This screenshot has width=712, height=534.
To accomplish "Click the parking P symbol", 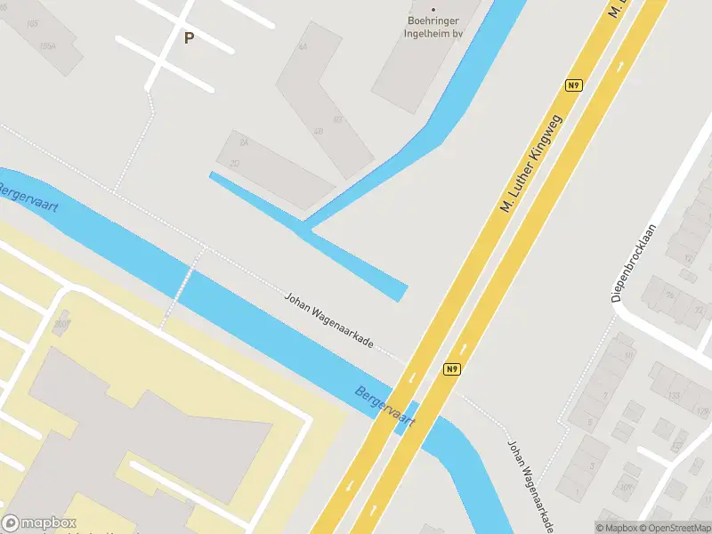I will click(188, 37).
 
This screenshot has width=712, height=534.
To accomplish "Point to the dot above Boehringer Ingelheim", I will click(434, 10).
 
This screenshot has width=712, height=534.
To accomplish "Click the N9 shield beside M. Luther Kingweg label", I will click(574, 85).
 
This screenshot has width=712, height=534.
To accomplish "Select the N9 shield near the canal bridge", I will click(452, 368).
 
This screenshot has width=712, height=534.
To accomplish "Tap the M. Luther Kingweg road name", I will click(532, 164).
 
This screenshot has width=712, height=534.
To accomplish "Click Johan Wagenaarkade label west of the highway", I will click(328, 321).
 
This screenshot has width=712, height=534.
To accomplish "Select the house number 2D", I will click(235, 163).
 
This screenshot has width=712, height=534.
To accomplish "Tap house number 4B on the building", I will click(318, 132).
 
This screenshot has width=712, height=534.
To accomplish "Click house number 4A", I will click(303, 46).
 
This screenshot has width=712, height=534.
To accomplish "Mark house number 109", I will click(626, 487).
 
